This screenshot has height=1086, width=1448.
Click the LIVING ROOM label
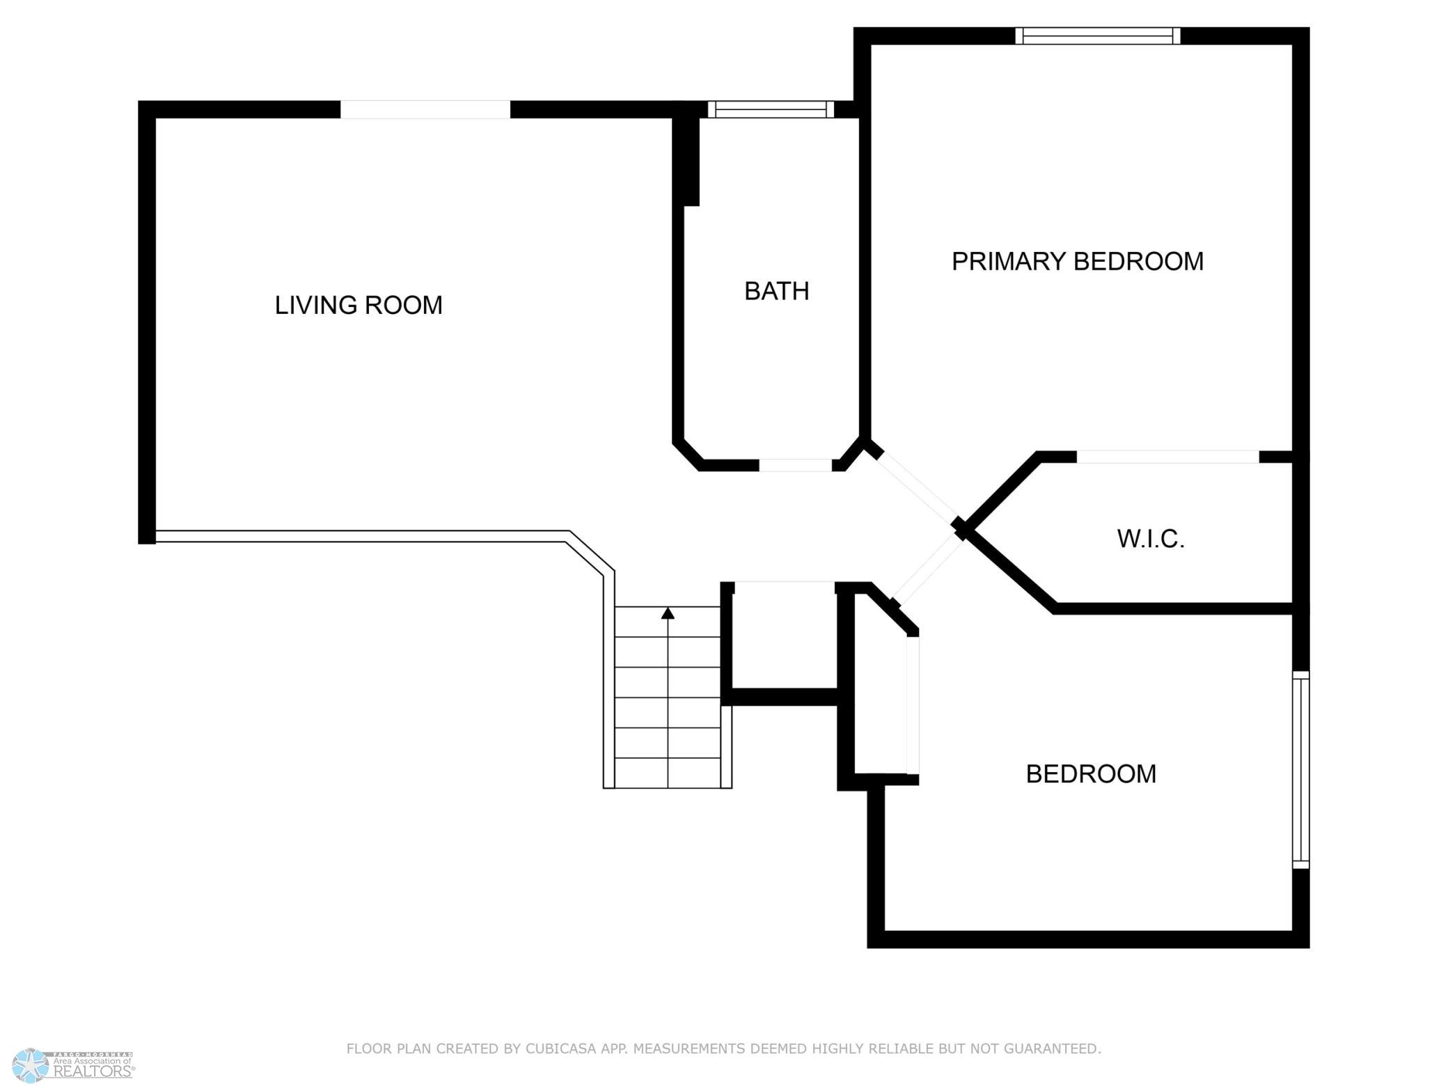[x=359, y=306]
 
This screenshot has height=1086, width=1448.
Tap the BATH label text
[x=777, y=291]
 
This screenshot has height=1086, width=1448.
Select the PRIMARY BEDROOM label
[x=1078, y=261]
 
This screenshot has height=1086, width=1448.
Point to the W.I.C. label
[x=1151, y=539]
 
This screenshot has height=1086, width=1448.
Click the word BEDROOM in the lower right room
[x=1091, y=774]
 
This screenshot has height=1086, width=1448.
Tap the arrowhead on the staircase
[x=668, y=613]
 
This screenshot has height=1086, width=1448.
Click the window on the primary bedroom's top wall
[x=1098, y=36]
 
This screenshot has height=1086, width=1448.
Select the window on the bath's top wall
[x=771, y=109]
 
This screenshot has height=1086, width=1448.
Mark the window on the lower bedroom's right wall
[x=1300, y=769]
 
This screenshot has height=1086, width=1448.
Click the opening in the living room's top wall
[x=425, y=109]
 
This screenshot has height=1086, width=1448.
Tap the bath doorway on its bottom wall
[x=795, y=465]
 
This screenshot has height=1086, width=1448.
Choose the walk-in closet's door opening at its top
[x=1168, y=457]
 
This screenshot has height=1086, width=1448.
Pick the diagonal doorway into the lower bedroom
[x=927, y=571]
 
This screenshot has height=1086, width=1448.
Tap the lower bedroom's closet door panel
[x=913, y=705]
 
